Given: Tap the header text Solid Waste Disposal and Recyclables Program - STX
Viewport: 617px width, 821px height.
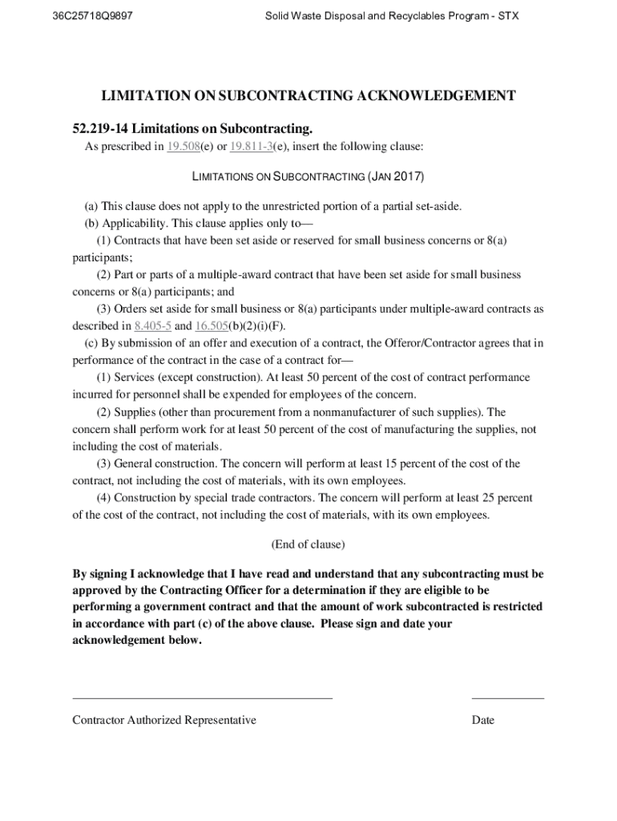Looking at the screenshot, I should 393,15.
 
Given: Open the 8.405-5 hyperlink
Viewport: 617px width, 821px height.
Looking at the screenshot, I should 152,326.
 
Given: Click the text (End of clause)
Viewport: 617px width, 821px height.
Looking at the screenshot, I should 308,544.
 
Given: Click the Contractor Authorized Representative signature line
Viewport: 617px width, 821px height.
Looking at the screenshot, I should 202,698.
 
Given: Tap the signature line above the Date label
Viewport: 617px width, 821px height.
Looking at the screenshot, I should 507,698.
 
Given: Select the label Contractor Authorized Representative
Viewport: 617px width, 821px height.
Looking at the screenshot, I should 164,720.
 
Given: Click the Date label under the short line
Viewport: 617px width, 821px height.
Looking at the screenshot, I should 483,720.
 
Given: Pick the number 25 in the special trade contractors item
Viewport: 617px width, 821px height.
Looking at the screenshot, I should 484,498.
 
